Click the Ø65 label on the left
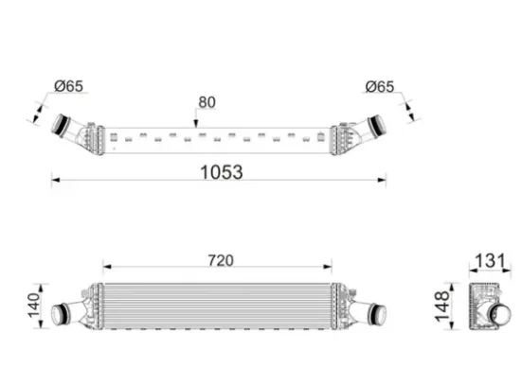tap(69, 86)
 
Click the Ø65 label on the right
tap(380, 87)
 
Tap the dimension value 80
tap(207, 102)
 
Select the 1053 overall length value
tap(222, 172)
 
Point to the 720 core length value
tap(221, 260)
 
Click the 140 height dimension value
tap(34, 306)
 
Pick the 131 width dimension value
tap(491, 260)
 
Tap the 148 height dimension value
tap(442, 306)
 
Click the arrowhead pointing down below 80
tap(196, 124)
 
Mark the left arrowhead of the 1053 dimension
tap(56, 180)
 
